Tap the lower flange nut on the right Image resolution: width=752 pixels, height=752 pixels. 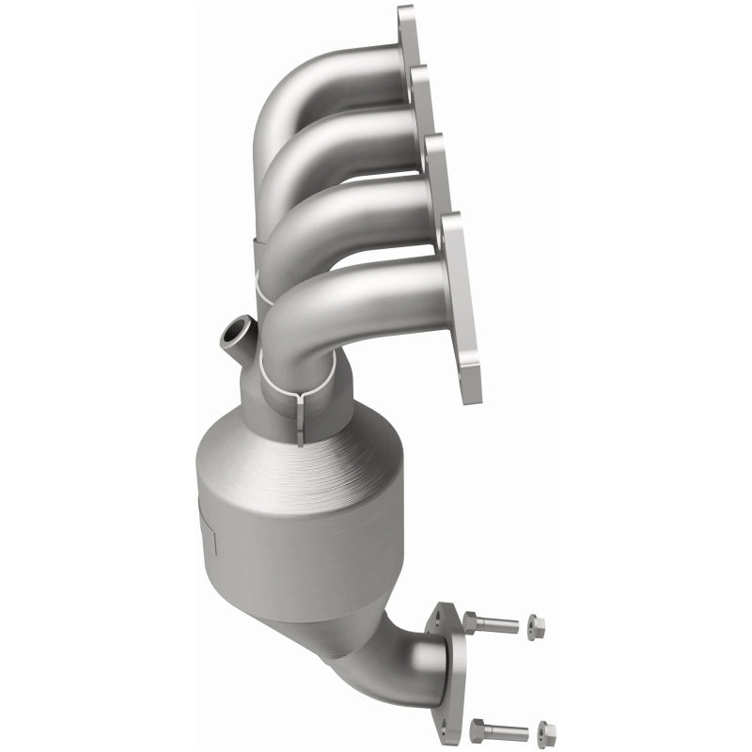point(545,728)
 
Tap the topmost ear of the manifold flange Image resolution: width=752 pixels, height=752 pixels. point(406,21)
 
